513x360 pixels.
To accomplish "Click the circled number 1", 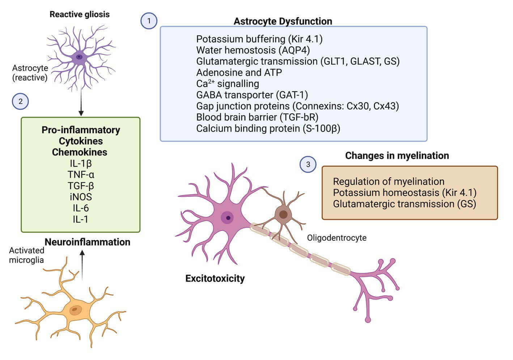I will (149, 21).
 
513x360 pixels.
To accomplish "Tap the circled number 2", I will (20, 102).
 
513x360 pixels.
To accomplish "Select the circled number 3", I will (308, 165).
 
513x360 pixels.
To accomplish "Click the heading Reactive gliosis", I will (80, 14).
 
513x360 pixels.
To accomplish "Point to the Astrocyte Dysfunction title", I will (283, 21).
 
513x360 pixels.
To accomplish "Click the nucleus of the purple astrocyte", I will (79, 57).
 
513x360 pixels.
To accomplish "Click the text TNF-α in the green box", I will (81, 175).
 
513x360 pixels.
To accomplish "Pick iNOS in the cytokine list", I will (81, 197).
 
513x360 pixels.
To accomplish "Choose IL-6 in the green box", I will (81, 208).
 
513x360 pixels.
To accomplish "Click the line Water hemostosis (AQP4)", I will (253, 50).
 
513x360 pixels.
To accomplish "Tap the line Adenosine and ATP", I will (239, 72).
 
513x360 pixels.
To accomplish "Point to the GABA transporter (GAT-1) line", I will (252, 95).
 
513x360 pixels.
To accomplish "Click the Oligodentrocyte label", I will (336, 238).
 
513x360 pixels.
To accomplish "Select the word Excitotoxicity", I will (215, 278).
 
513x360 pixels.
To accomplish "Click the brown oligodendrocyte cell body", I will (283, 214).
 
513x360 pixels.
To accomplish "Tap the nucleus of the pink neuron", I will (228, 218).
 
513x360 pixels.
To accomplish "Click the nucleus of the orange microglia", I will (76, 309).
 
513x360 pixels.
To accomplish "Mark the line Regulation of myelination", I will (389, 181).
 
